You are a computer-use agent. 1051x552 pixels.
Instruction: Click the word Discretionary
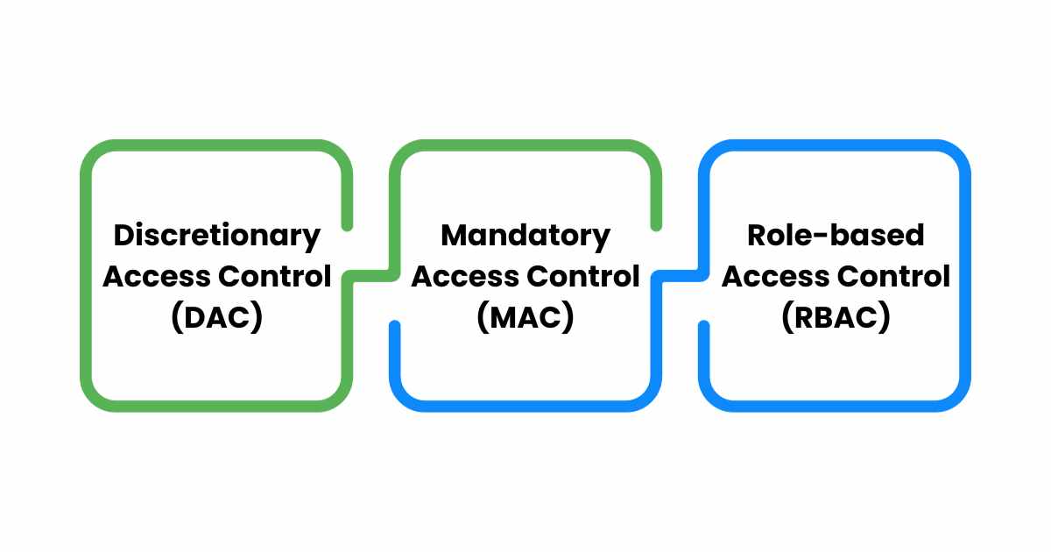216,235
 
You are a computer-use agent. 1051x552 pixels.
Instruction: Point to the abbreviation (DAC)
216,318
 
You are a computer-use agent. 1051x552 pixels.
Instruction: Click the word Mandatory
525,235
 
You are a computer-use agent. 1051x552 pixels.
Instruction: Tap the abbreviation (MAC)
525,318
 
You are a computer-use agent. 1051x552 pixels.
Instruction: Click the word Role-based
835,235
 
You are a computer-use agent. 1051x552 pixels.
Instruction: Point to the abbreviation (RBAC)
835,318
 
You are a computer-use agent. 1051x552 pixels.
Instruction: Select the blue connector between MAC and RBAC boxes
679,276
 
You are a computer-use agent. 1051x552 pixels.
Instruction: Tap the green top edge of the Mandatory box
525,145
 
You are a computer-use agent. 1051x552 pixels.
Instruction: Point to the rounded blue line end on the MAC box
395,326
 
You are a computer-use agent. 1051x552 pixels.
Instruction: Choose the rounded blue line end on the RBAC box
703,326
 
